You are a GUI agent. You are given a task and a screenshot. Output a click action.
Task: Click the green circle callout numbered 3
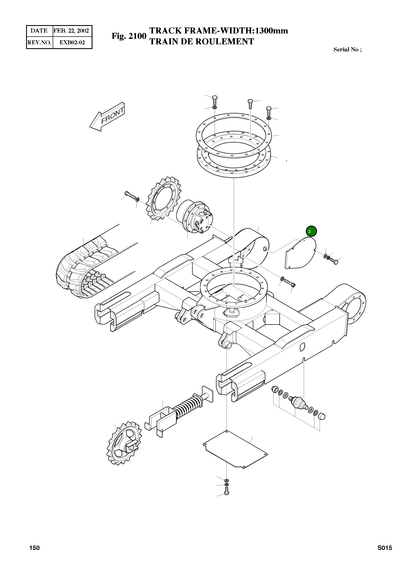(x=311, y=231)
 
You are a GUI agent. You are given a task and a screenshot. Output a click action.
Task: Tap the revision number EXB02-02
(x=72, y=42)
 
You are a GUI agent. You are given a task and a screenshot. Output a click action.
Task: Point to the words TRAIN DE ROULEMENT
(x=202, y=42)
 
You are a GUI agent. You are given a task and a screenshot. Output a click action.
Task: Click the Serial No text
(x=347, y=50)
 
